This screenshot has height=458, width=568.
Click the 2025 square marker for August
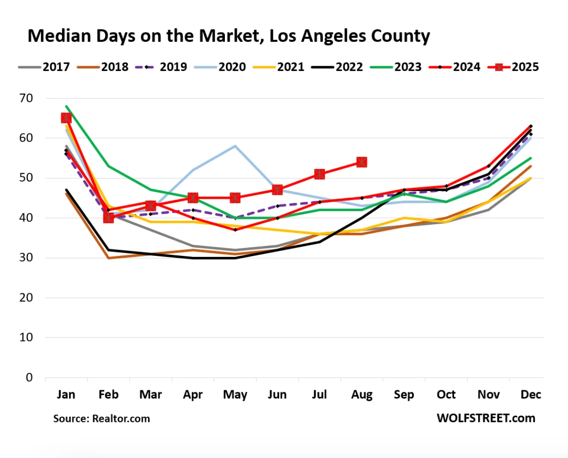tap(362, 162)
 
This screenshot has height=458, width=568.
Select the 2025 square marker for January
tap(66, 118)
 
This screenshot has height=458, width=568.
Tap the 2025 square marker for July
tap(320, 174)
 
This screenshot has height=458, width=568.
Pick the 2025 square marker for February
tap(109, 217)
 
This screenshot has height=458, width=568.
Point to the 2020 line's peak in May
tap(235, 145)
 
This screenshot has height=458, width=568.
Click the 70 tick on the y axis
tap(26, 98)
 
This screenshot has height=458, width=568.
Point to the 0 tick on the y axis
tap(30, 378)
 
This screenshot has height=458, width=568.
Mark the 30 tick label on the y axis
tap(26, 258)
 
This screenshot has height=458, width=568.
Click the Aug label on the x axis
tap(362, 395)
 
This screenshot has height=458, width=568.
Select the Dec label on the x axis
tap(531, 395)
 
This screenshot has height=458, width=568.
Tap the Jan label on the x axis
tap(66, 395)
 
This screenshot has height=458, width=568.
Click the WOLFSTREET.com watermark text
tap(486, 418)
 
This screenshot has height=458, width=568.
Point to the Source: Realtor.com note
tap(101, 419)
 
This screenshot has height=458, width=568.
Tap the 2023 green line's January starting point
tap(66, 106)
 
